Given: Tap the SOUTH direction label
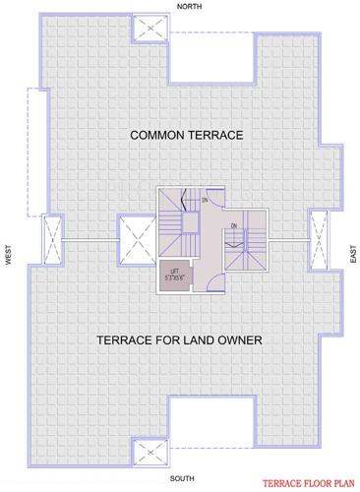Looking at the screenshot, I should tap(181, 477).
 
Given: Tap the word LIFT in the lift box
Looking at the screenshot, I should tap(173, 269).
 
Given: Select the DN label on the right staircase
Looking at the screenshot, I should tap(234, 227).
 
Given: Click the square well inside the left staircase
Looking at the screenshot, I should tap(183, 221).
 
